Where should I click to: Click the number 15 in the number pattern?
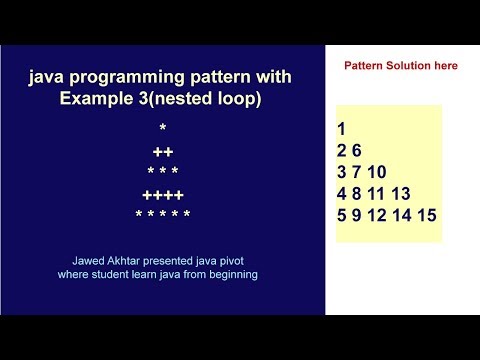click(427, 215)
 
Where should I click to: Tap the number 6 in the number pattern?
click(357, 150)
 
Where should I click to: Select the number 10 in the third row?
click(377, 172)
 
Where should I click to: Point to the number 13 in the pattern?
click(401, 194)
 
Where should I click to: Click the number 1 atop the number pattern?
click(341, 129)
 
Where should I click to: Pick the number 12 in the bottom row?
click(377, 215)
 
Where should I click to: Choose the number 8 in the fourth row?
click(357, 194)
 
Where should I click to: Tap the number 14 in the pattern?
click(402, 215)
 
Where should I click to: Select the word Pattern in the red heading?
click(364, 65)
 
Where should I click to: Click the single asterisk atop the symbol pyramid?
click(163, 127)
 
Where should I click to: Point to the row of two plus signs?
click(163, 152)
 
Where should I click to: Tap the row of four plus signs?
click(163, 195)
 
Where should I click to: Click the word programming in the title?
click(127, 78)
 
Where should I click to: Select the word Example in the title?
click(96, 98)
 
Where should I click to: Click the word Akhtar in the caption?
click(123, 261)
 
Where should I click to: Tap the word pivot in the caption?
click(232, 261)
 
